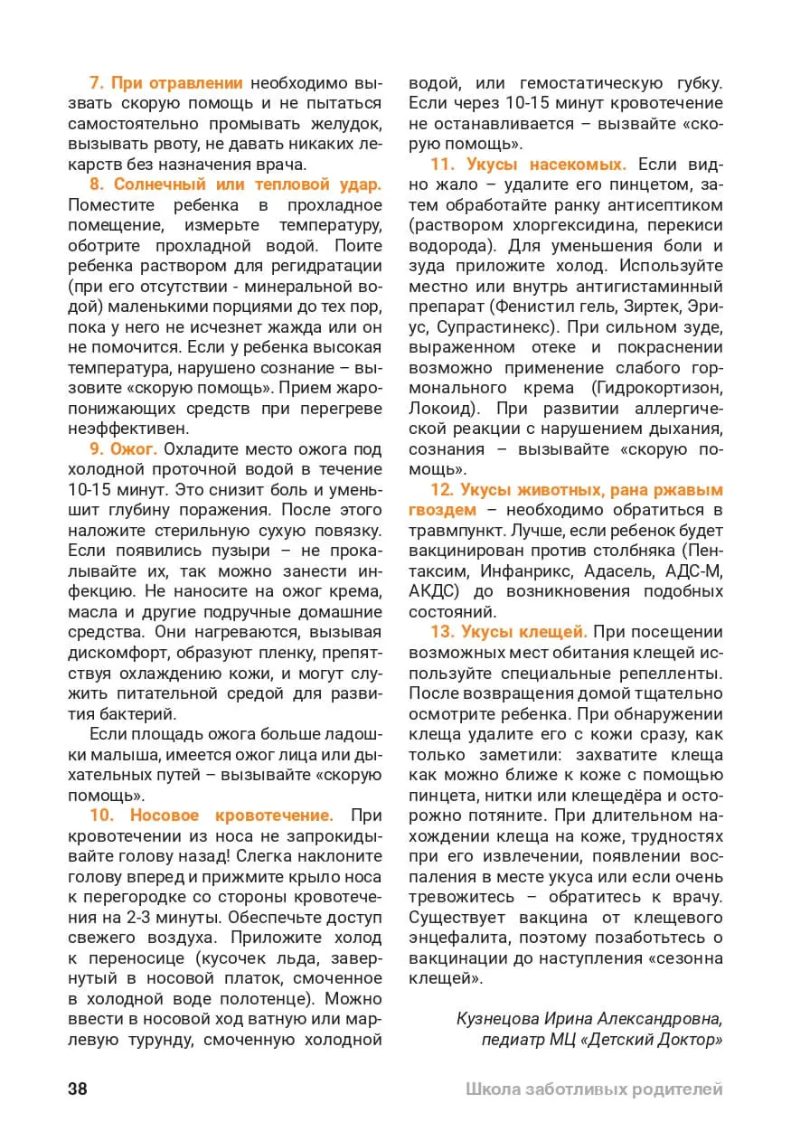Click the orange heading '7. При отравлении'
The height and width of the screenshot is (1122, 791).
pyautogui.click(x=166, y=82)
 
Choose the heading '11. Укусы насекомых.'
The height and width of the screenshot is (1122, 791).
pyautogui.click(x=528, y=165)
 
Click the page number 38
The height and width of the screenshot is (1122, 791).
pyautogui.click(x=78, y=1089)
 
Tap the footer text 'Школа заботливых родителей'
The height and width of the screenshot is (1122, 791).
pyautogui.click(x=594, y=1089)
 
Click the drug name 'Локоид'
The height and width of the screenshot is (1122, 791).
pyautogui.click(x=441, y=409)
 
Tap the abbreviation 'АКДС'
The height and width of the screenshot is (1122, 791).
pyautogui.click(x=430, y=591)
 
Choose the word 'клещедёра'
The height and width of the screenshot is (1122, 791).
pyautogui.click(x=613, y=795)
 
